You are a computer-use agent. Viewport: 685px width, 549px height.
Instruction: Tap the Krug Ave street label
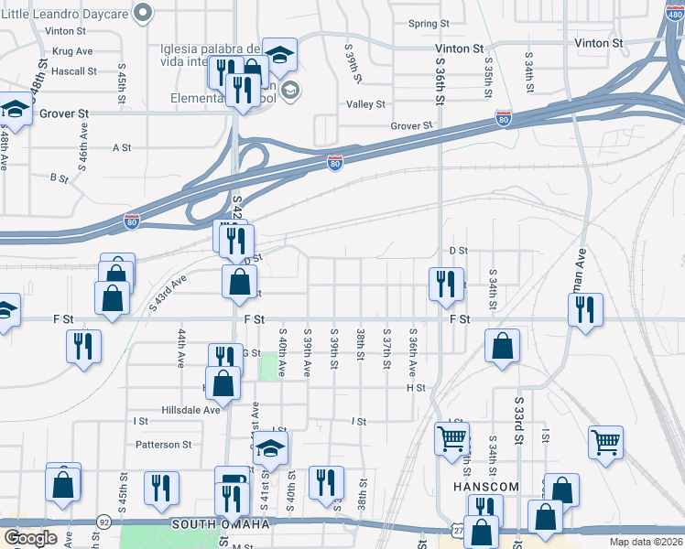click(x=73, y=51)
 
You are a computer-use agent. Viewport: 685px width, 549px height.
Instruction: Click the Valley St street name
click(x=365, y=104)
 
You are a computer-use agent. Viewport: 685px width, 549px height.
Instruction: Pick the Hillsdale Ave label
click(x=191, y=410)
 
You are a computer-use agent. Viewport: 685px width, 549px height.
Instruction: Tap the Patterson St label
click(x=163, y=445)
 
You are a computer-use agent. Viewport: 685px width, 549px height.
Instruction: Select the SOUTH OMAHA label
click(x=220, y=524)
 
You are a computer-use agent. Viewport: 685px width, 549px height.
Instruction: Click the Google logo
click(x=30, y=538)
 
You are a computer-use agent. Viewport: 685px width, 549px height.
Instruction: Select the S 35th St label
click(x=489, y=73)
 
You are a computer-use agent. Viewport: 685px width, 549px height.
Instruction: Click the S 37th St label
click(x=387, y=350)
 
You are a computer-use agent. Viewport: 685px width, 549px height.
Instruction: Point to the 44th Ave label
click(x=181, y=350)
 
